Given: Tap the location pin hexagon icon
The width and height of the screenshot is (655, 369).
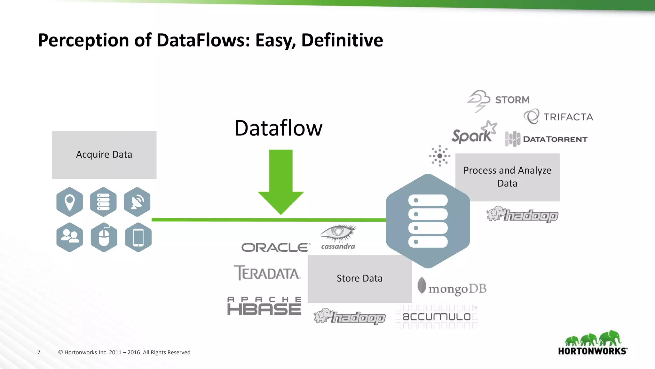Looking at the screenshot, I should click(x=70, y=202).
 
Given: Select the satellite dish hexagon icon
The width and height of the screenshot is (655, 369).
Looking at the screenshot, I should click(x=137, y=202).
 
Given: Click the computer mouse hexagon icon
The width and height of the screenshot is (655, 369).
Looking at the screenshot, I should click(x=104, y=237).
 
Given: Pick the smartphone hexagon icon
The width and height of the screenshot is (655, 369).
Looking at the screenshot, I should click(x=138, y=237).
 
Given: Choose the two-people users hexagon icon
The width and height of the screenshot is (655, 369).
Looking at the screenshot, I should click(x=70, y=237).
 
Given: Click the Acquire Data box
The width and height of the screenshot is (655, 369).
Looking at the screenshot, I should click(x=104, y=155).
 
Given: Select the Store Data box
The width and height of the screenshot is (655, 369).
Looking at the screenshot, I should click(x=359, y=279).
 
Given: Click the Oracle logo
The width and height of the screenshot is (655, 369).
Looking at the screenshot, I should click(x=275, y=248).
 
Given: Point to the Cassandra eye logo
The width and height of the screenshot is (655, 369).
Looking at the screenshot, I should click(x=338, y=237).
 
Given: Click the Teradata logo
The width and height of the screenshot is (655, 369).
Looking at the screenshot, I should click(x=267, y=273).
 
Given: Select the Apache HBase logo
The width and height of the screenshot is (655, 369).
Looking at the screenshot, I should click(x=264, y=306).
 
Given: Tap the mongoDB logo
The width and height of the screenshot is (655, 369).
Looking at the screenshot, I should click(x=452, y=287).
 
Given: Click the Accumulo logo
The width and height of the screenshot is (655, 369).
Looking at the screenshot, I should click(x=437, y=317).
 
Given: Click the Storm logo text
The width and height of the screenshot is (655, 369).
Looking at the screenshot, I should click(x=512, y=100).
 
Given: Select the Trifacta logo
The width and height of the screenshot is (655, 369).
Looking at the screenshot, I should click(x=558, y=117).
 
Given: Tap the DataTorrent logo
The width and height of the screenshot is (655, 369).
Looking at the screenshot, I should click(x=546, y=139).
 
